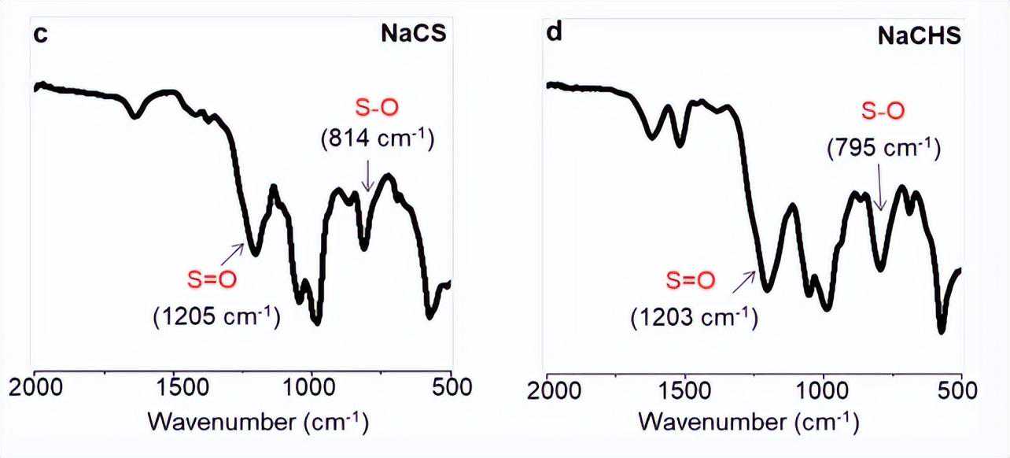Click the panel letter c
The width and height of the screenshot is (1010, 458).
[39, 35]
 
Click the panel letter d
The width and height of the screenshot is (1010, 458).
[554, 35]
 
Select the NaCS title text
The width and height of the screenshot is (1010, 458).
[413, 35]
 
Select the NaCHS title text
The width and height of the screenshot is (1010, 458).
[920, 35]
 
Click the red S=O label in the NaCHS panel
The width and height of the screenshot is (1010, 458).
[691, 279]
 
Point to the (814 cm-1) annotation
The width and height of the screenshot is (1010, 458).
[377, 139]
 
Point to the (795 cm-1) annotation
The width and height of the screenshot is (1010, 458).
[883, 147]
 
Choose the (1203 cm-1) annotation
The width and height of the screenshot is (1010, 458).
[694, 317]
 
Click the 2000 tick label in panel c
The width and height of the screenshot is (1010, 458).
[33, 387]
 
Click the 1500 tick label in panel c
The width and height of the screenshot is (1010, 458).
[172, 387]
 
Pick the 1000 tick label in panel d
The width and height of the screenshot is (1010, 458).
[823, 389]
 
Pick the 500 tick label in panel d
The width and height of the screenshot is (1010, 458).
[961, 389]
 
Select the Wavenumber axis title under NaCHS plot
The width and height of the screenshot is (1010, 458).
[748, 421]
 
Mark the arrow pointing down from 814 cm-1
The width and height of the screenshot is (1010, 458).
[367, 175]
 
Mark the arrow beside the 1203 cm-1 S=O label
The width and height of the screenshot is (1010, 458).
[743, 282]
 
